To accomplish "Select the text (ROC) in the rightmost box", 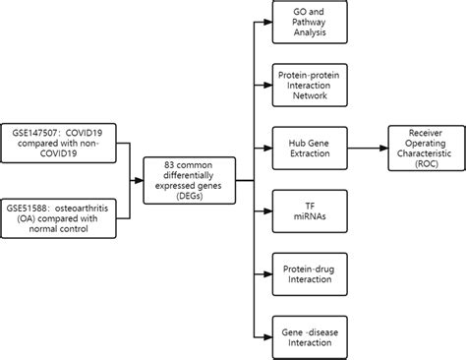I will [425, 162].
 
